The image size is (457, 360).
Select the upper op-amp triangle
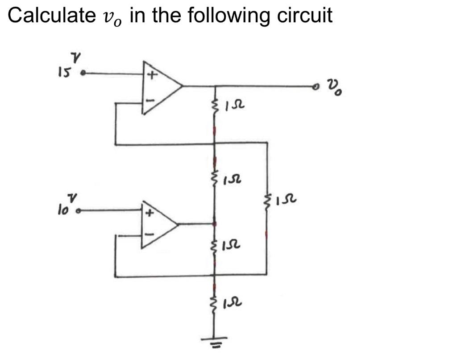pyautogui.click(x=161, y=86)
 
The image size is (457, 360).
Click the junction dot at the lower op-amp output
pyautogui.click(x=215, y=224)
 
